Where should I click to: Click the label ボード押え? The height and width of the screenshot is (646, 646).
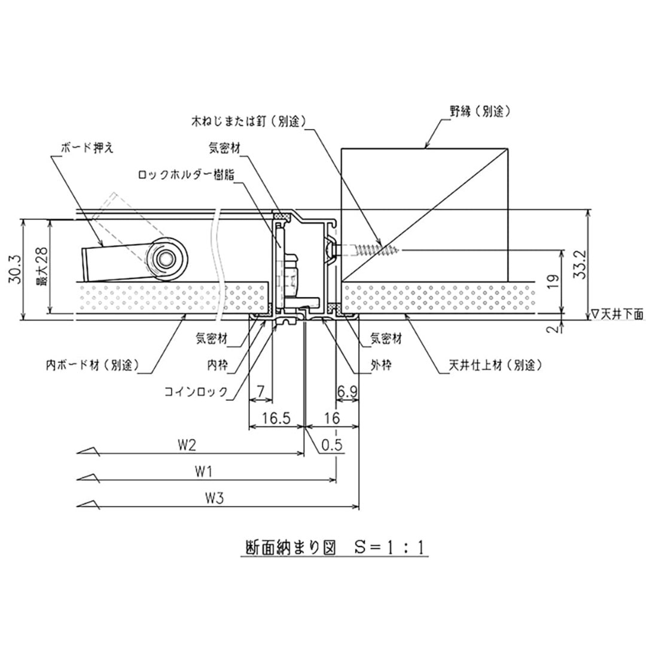click(84, 147)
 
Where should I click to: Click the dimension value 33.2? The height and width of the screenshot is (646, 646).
click(578, 265)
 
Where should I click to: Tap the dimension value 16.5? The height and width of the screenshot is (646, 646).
click(275, 418)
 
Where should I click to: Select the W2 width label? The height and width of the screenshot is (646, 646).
click(187, 445)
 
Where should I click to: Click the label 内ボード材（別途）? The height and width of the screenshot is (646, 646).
click(93, 364)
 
